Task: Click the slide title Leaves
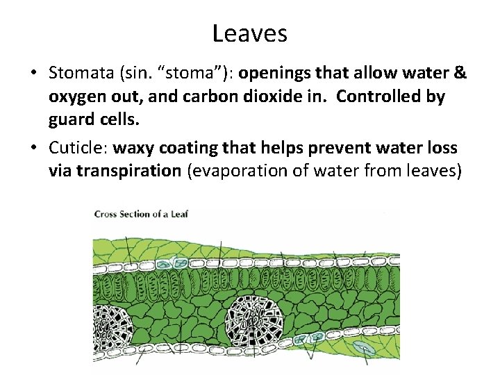pos(249,33)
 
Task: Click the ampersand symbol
pos(458,73)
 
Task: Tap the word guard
pos(72,120)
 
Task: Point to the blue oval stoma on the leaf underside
pos(362,348)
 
